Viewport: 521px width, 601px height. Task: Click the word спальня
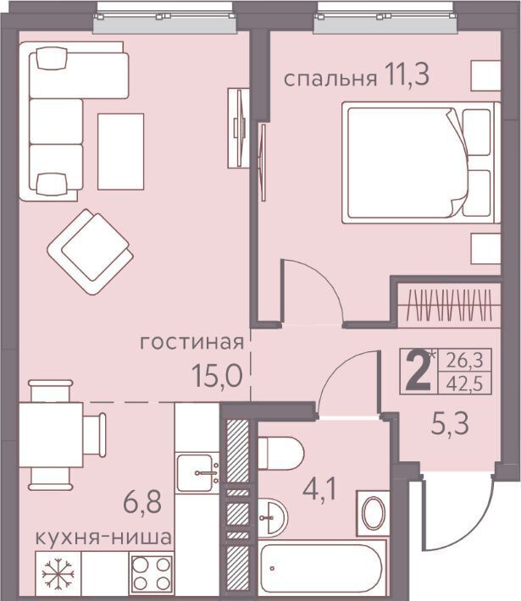tap(330, 79)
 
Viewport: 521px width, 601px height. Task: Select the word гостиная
tap(191, 342)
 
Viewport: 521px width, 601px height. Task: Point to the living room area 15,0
tap(217, 375)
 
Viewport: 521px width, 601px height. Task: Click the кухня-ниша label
tap(103, 538)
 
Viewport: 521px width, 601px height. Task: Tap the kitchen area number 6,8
tap(142, 502)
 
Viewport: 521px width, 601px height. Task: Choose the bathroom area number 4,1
tap(319, 489)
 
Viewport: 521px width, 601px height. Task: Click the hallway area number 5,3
tap(450, 424)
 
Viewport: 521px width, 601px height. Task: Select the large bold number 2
tap(418, 372)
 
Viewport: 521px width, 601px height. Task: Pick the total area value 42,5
tap(464, 383)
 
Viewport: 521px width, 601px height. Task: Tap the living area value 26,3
tap(464, 361)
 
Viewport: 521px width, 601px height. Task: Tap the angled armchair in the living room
tap(90, 251)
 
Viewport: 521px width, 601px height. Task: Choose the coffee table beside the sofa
tap(121, 152)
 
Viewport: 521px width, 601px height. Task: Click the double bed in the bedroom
tap(421, 163)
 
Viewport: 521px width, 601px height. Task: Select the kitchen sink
tap(197, 472)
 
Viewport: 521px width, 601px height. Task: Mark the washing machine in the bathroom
tap(374, 513)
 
